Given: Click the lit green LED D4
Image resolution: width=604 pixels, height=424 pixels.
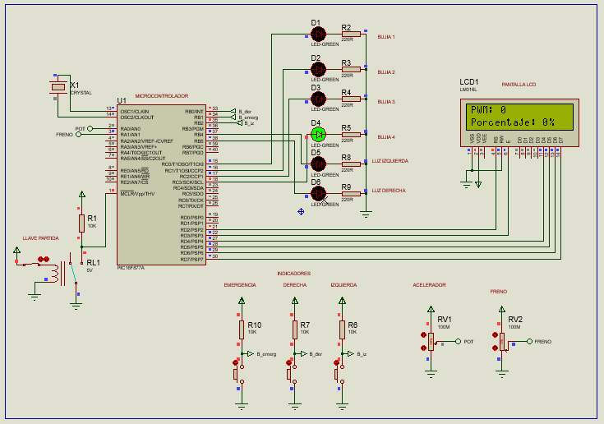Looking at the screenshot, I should [319, 134].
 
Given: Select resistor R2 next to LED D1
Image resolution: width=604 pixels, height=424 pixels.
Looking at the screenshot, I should [351, 34].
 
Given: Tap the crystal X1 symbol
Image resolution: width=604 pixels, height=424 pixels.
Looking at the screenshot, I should [58, 87].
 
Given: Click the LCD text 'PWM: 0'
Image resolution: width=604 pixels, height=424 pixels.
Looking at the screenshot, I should [488, 110].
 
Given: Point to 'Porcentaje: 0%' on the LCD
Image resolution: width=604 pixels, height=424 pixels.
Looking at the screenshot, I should [512, 122].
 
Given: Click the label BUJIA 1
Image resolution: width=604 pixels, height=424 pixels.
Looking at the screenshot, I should [385, 37].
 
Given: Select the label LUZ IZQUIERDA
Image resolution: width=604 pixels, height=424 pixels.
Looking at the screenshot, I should [390, 161].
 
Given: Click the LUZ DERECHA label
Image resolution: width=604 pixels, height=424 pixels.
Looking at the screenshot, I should [388, 190].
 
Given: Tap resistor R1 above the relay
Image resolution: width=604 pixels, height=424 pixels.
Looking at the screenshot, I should [81, 223].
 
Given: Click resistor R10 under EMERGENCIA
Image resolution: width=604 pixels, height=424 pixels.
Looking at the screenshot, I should [242, 330].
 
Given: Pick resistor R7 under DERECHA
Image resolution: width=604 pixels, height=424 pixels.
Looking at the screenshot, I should [293, 330].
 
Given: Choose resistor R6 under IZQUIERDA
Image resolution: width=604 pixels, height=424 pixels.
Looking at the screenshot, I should [341, 330].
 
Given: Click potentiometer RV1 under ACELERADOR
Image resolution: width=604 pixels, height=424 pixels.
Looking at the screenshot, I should [430, 340].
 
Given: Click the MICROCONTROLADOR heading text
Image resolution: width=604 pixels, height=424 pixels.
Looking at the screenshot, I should [161, 96].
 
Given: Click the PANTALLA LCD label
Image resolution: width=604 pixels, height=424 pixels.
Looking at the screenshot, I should [519, 85].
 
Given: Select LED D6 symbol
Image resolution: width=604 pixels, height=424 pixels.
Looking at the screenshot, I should [319, 192].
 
